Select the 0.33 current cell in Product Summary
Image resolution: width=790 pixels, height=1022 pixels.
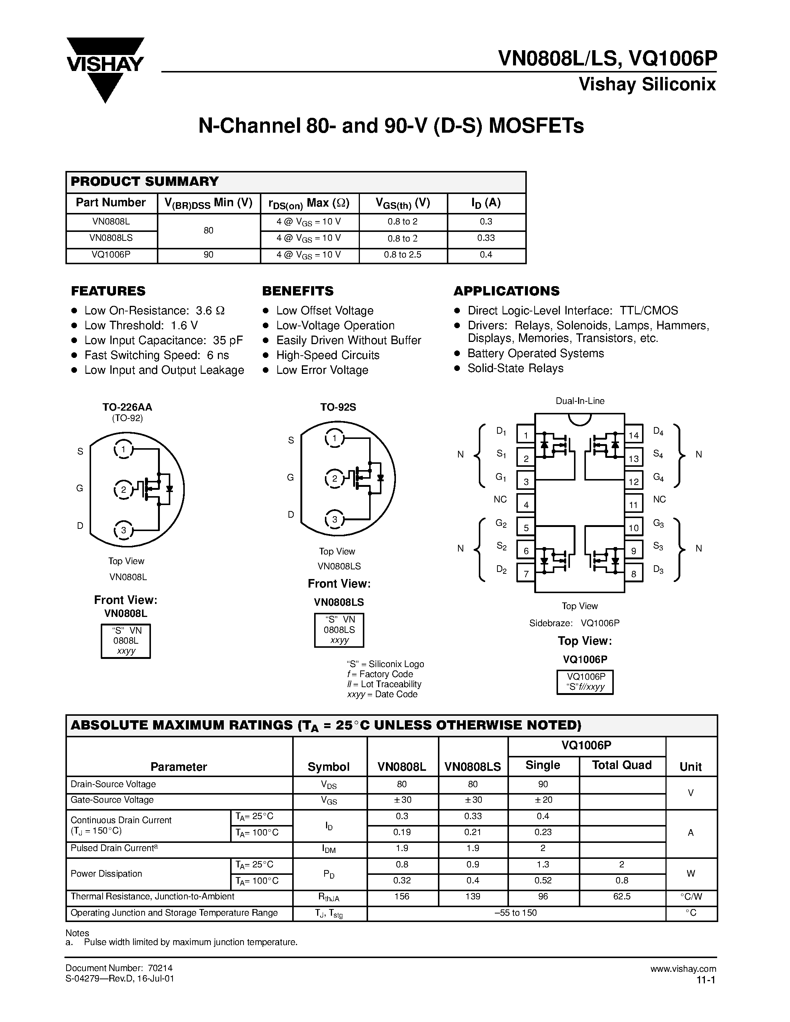tap(486, 238)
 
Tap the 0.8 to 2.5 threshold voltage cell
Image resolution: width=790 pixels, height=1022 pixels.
tap(403, 255)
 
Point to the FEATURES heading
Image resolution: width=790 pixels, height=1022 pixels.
tap(108, 291)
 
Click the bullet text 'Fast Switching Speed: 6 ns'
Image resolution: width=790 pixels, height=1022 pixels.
tap(156, 355)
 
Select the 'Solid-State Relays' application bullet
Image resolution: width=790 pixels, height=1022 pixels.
tap(515, 368)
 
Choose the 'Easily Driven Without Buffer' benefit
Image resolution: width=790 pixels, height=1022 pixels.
tap(348, 340)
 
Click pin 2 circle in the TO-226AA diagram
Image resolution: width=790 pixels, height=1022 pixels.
tap(123, 490)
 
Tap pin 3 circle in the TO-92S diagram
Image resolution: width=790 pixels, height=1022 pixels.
tap(335, 520)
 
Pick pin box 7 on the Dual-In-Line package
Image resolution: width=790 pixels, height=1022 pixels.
tap(526, 574)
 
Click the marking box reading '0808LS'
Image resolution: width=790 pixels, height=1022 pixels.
tap(339, 630)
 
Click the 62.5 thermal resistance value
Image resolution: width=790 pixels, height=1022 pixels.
tap(622, 896)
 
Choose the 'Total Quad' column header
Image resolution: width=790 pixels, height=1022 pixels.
tap(622, 765)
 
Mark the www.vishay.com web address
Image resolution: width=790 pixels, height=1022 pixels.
tap(683, 968)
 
